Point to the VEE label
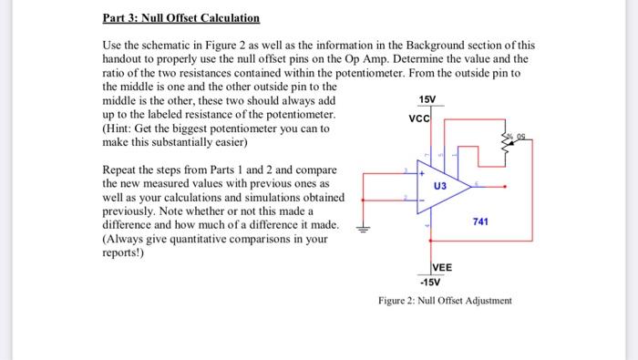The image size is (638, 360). [442, 267]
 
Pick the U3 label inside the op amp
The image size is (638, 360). [440, 185]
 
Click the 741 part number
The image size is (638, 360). [482, 221]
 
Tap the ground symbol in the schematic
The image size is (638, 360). [364, 230]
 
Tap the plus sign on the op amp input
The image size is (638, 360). [421, 171]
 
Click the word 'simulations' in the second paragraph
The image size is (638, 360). [283, 197]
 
